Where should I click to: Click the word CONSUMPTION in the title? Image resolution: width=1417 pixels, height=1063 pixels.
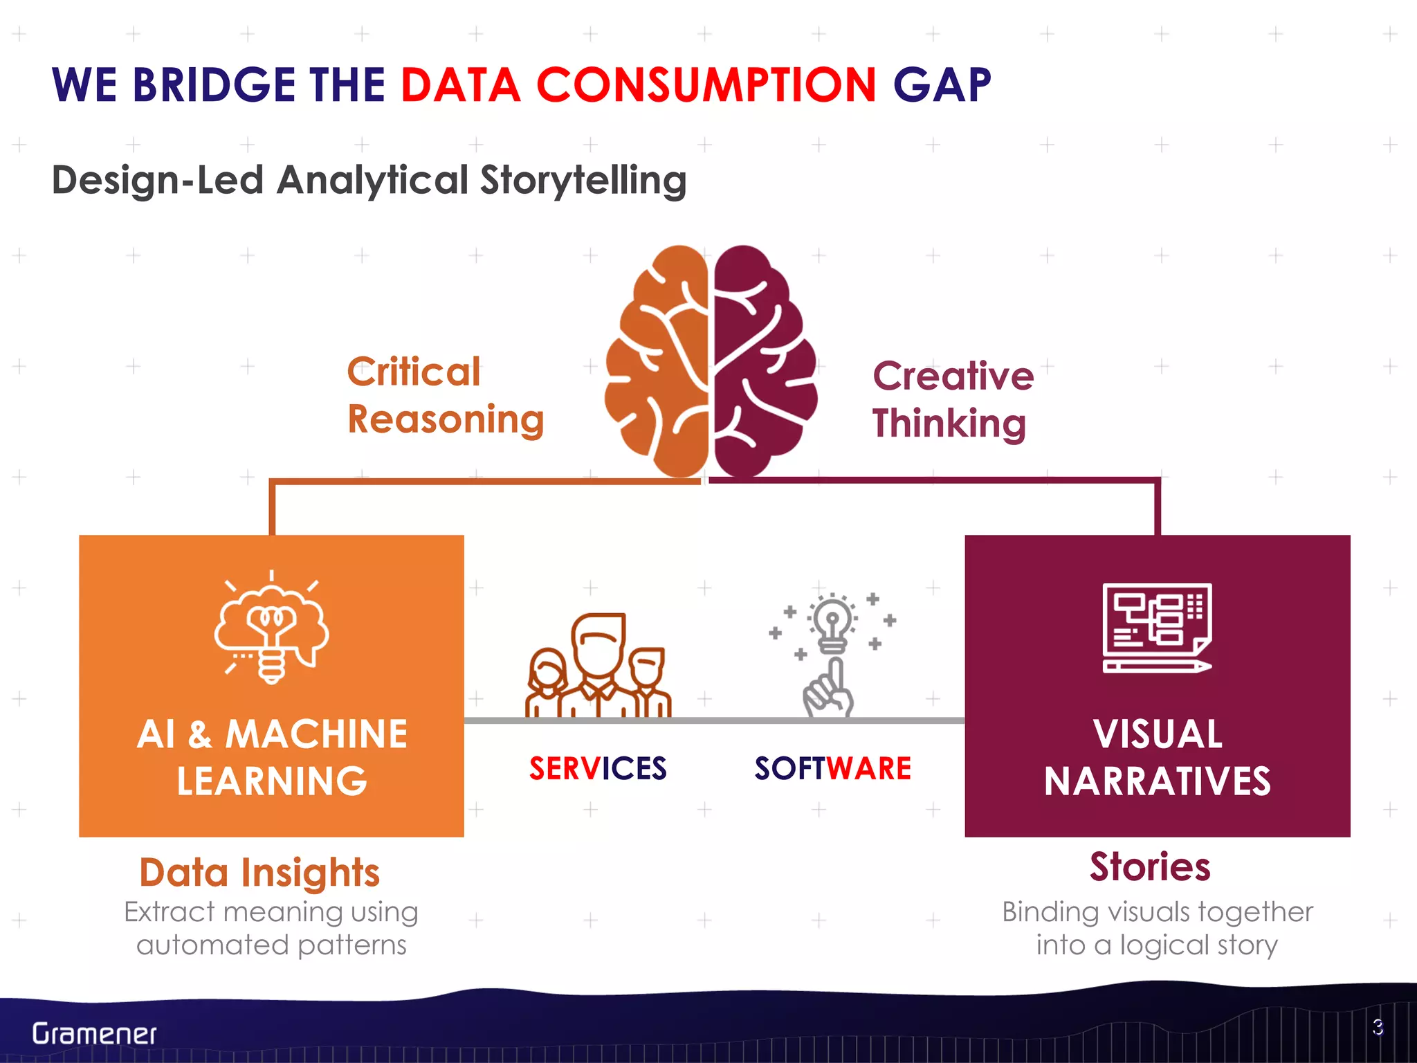tap(706, 85)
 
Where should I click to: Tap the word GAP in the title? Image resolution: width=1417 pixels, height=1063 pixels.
tap(942, 85)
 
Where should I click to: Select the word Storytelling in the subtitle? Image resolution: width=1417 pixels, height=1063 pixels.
tap(583, 181)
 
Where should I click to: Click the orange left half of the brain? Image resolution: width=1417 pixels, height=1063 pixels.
tap(657, 360)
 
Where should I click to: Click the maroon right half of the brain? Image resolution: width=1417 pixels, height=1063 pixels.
tap(761, 360)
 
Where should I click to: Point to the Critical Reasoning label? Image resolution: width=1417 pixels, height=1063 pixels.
tap(445, 396)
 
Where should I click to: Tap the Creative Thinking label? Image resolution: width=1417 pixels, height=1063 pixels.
tap(952, 399)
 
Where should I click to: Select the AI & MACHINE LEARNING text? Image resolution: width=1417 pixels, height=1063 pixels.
tap(272, 757)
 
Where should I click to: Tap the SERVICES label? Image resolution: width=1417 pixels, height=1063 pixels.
tap(598, 769)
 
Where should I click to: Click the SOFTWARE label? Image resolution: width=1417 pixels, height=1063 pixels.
tap(832, 769)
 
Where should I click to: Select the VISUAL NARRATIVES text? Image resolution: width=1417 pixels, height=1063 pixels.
tap(1157, 757)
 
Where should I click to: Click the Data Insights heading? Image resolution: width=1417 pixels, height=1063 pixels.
tap(259, 872)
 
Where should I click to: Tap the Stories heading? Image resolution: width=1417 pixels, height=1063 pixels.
tap(1150, 866)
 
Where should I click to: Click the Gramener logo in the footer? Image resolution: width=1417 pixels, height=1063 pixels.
tap(94, 1034)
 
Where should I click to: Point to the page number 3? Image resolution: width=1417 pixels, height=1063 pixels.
tap(1378, 1027)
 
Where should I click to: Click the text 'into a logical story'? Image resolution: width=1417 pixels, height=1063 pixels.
tap(1157, 945)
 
